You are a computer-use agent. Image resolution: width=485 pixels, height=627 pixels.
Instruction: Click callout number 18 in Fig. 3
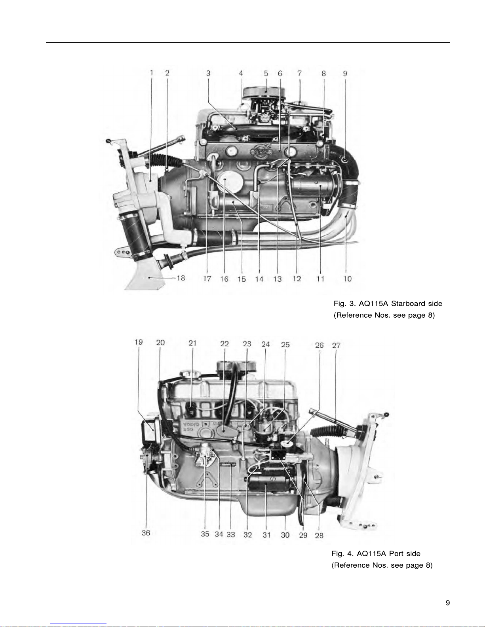181,278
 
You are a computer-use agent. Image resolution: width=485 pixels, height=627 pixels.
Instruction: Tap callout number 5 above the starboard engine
266,74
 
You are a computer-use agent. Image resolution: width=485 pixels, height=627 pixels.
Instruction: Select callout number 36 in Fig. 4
146,533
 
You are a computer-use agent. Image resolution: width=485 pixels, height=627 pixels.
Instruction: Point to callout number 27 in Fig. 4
336,345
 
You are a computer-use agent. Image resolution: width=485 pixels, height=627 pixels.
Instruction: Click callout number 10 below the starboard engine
347,279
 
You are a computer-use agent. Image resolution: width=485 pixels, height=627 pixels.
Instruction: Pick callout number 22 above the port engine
224,344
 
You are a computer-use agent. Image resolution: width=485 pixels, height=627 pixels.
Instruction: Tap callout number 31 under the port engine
266,535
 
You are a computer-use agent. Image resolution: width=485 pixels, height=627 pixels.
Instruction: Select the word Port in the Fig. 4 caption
396,553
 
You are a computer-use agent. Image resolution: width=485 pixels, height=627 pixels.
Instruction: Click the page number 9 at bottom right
448,603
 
